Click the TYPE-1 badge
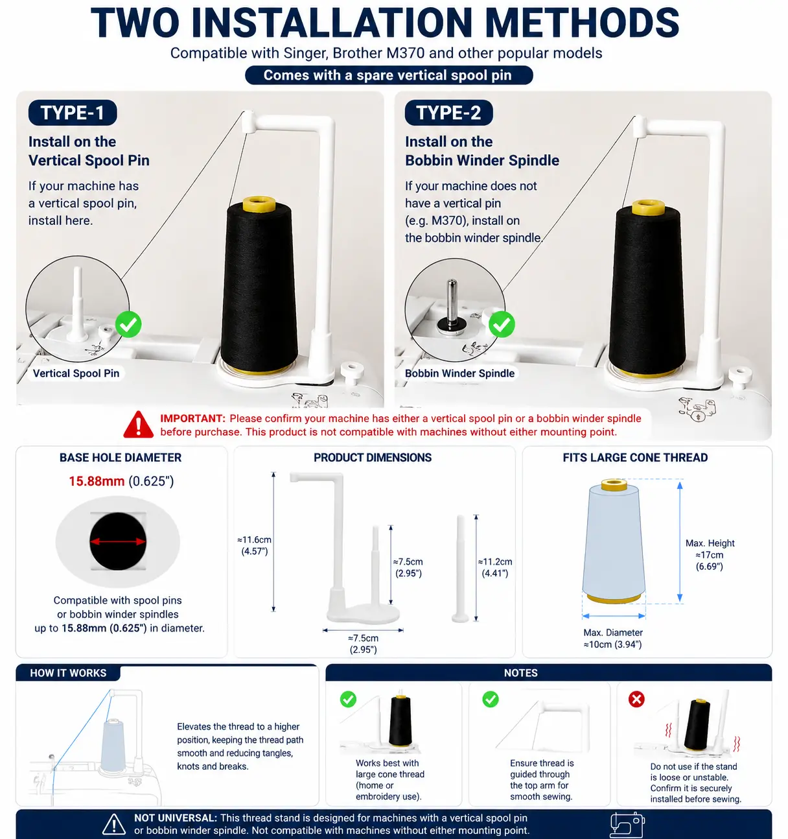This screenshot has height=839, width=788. (73, 113)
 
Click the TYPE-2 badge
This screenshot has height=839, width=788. (448, 113)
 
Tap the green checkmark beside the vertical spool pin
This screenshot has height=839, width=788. (128, 324)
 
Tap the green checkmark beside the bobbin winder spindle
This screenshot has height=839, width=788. (502, 324)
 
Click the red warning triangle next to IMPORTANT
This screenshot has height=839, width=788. (139, 425)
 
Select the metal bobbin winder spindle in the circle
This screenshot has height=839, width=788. (452, 305)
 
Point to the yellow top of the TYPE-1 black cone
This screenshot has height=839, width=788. (259, 204)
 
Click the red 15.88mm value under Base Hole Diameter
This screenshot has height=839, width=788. (97, 481)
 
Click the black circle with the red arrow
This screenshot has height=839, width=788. (118, 541)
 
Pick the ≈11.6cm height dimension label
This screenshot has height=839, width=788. (254, 545)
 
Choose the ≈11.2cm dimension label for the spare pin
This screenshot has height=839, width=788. (495, 567)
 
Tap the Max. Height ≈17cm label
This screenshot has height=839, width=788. (710, 554)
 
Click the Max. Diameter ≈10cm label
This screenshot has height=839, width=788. (613, 639)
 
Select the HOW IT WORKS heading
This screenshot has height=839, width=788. (68, 673)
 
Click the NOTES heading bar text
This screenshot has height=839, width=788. (520, 673)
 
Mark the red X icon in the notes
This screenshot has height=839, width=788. (636, 699)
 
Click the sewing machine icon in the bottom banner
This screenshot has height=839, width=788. (627, 824)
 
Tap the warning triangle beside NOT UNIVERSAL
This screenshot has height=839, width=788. (113, 825)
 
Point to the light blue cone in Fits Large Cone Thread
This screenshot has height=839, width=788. (614, 541)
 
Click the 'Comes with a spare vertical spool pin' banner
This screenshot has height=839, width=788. (389, 75)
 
